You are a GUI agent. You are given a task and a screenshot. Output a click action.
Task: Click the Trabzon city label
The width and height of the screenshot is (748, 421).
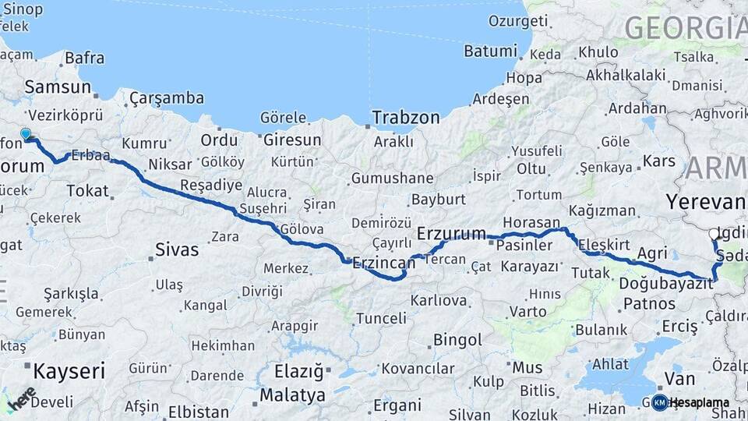pos(406,117)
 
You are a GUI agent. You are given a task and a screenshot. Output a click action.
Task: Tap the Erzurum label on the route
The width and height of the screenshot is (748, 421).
pos(451,233)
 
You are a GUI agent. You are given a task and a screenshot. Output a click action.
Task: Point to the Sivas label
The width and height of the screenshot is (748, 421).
pos(177,250)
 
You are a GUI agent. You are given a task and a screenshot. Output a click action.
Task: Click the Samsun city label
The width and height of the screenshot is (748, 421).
pos(58,87)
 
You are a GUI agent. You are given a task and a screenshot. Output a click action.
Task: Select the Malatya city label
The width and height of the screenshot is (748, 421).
pos(292,394)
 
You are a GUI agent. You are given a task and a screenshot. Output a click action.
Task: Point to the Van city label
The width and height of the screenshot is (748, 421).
pos(675,379)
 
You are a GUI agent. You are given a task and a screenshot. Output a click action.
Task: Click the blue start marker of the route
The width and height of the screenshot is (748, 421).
pos(26,135)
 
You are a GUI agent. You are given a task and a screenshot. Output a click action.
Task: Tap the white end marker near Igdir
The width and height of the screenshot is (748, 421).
pos(714,234)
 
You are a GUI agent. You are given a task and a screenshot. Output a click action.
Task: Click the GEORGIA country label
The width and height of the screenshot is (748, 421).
pos(685,28)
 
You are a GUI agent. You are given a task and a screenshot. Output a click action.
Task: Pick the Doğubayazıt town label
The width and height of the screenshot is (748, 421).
pos(665,284)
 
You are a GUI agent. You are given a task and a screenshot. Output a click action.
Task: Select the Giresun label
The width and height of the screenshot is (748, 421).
pos(292,140)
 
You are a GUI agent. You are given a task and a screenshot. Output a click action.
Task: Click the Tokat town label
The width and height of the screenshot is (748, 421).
pos(87,190)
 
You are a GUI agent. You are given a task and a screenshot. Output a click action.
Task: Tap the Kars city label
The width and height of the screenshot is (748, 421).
pos(659,161)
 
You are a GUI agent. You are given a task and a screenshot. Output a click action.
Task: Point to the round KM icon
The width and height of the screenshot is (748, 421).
pos(659,402)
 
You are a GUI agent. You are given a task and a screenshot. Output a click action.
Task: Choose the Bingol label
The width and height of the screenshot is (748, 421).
pos(457,340)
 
